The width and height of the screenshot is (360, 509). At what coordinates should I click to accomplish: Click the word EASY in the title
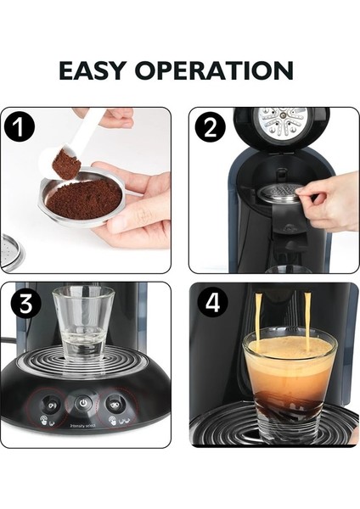pyautogui.click(x=99, y=70)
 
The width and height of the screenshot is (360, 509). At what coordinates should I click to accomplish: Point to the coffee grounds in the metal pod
pyautogui.click(x=83, y=200)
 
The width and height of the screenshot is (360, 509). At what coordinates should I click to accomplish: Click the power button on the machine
pyautogui.click(x=83, y=403)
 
